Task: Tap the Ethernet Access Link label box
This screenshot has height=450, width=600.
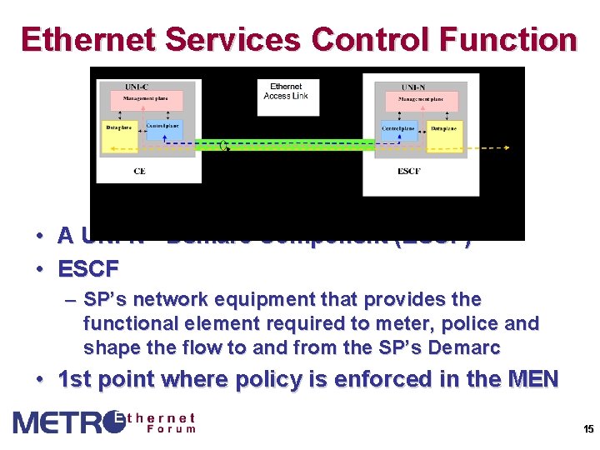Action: (x=286, y=91)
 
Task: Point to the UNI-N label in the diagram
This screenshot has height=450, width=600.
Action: (x=412, y=87)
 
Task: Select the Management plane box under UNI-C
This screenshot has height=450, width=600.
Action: (x=146, y=100)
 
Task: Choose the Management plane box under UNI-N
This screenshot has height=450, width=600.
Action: (x=420, y=101)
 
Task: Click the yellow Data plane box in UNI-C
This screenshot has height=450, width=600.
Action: (x=119, y=137)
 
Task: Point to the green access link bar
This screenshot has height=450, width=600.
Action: (x=283, y=144)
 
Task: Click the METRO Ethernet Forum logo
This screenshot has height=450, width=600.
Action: (x=105, y=422)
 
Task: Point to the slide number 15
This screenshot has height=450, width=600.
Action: (x=588, y=430)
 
